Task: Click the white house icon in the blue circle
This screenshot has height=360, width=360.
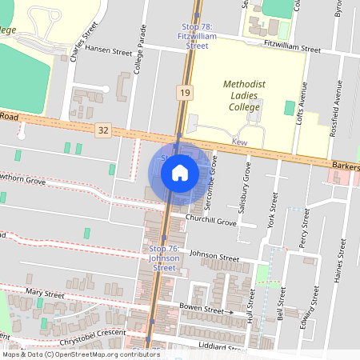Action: pyautogui.click(x=179, y=172)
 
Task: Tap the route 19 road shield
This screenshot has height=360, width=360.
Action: pyautogui.click(x=185, y=94)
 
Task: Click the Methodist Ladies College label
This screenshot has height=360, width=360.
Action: pyautogui.click(x=249, y=94)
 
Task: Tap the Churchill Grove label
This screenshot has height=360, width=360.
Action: pyautogui.click(x=210, y=220)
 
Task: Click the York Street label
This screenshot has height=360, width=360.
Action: pyautogui.click(x=274, y=210)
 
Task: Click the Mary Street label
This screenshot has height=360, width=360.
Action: pyautogui.click(x=44, y=294)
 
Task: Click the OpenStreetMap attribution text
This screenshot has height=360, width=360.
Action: pyautogui.click(x=80, y=354)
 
